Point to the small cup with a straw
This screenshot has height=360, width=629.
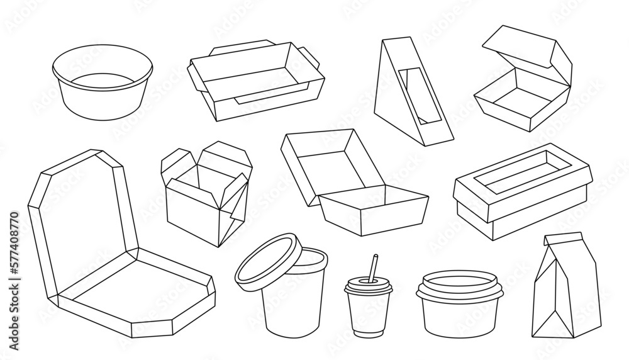(x=368, y=302)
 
